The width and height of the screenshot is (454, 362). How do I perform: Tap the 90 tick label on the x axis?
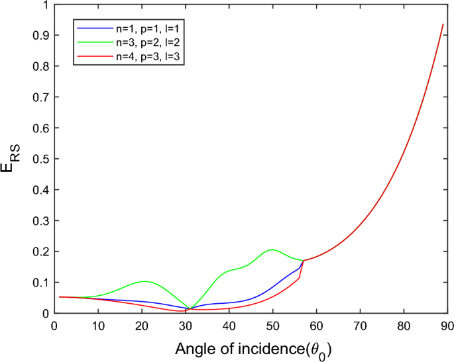[447, 325]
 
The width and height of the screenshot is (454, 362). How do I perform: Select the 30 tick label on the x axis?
[184, 325]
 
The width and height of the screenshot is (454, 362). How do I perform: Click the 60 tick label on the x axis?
[315, 325]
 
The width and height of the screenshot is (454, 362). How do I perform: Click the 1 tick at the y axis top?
[45, 5]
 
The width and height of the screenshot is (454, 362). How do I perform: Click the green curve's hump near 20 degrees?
[145, 281]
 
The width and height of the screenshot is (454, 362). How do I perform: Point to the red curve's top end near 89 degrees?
[443, 24]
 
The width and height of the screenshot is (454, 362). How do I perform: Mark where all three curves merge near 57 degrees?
[304, 260]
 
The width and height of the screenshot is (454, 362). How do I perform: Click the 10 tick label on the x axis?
[97, 325]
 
